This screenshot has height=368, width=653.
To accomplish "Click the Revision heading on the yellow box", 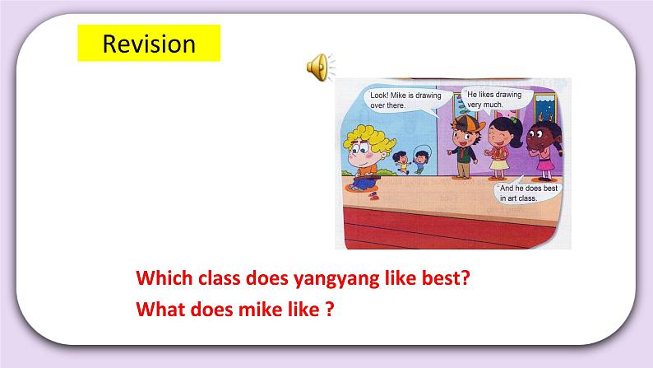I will click(x=149, y=43).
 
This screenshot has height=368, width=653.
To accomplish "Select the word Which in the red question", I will click(x=161, y=277).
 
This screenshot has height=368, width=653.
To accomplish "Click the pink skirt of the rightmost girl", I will click(x=544, y=167).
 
